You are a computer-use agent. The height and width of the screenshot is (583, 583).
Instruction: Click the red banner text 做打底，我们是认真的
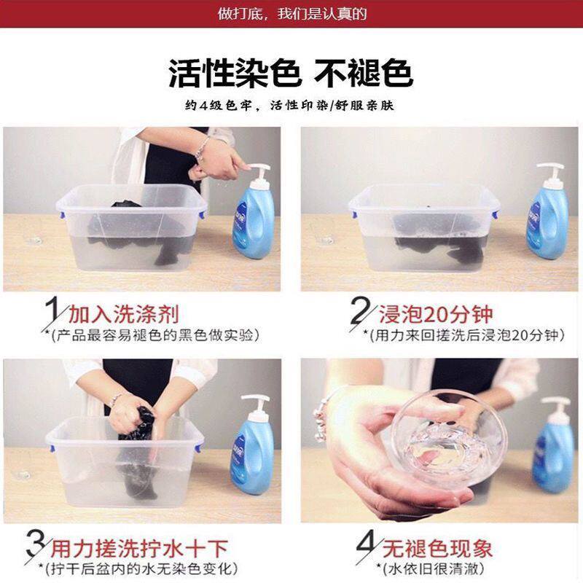click(292, 14)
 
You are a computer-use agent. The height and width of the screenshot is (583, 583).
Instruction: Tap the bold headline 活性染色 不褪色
click(291, 74)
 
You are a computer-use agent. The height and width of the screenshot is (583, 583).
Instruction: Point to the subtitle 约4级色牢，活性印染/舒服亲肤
click(289, 106)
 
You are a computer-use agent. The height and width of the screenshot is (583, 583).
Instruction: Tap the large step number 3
click(36, 546)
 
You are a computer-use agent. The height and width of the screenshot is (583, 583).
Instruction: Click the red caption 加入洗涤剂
click(124, 314)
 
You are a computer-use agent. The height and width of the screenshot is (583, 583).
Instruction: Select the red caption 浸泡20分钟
click(436, 315)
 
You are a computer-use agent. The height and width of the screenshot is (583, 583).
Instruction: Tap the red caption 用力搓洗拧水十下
click(138, 549)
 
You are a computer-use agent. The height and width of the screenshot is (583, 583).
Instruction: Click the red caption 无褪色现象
click(437, 549)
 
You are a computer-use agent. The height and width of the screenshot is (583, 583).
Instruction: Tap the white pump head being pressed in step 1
click(259, 171)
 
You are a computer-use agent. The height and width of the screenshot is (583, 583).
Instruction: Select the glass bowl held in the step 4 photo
click(449, 439)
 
